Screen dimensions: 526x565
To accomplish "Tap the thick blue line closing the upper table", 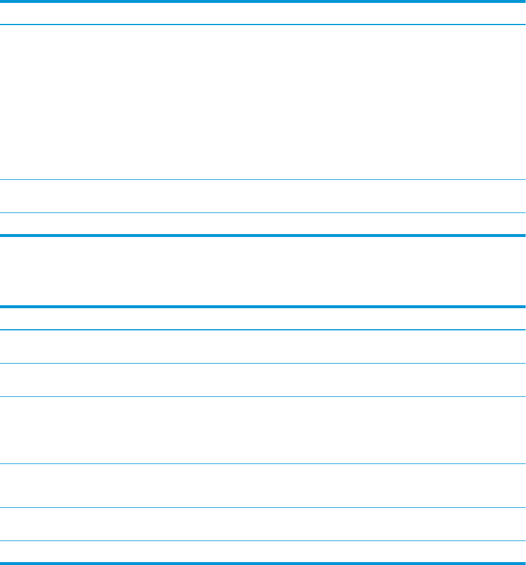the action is point(263,235).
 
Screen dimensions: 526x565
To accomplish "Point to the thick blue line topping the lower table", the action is point(263,306).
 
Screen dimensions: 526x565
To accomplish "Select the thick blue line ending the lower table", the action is point(263,563).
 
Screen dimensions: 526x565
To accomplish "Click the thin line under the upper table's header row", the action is point(263,25).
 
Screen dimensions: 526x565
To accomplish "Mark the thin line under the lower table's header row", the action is point(263,330).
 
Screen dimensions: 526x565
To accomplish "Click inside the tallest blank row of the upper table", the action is point(263,102).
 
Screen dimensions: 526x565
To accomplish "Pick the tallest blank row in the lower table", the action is point(263,431).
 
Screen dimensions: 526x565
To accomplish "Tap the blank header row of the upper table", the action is point(263,13).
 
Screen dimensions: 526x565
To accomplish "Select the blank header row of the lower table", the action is point(263,319).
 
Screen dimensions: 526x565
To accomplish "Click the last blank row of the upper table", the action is point(263,224).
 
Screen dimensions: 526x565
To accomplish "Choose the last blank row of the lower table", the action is point(263,552).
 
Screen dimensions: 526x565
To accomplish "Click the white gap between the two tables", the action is point(263,271).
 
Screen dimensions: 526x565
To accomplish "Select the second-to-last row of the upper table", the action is point(263,196).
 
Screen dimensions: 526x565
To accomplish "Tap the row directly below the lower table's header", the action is point(263,347).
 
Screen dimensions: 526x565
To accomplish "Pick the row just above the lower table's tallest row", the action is point(263,380).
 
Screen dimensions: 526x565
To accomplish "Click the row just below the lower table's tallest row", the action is point(263,486).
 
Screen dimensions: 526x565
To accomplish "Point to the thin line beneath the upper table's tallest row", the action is point(263,179).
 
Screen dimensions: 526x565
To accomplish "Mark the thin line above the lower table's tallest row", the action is point(263,397).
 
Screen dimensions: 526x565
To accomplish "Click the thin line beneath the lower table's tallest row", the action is point(263,464).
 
